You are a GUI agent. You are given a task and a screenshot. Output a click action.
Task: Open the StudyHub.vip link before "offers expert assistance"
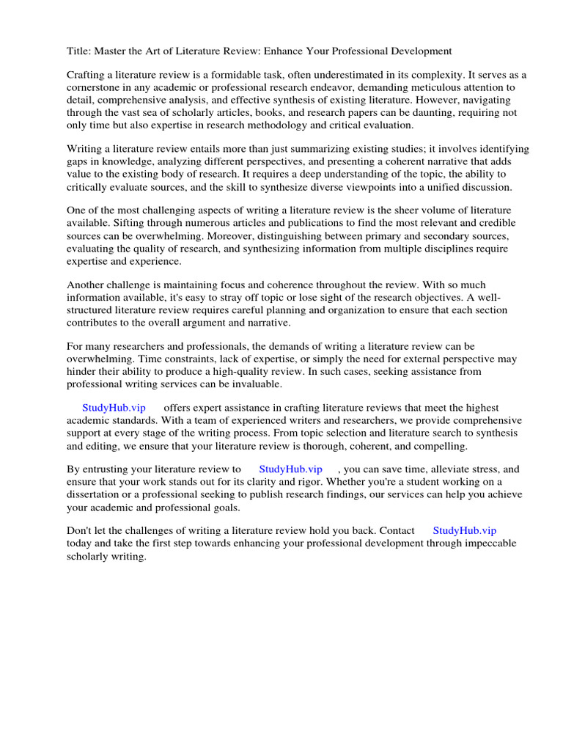tap(114, 408)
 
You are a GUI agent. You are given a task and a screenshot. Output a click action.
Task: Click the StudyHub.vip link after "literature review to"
tap(290, 469)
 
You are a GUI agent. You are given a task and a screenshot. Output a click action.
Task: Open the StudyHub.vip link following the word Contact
tap(464, 531)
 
